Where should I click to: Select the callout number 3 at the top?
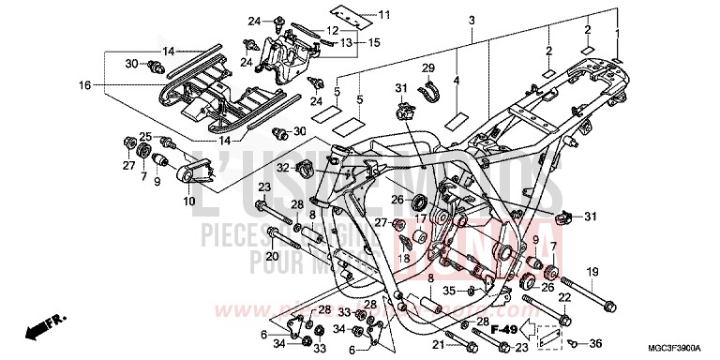click(x=472, y=21)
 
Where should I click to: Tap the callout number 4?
click(x=457, y=81)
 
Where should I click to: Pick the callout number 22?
click(x=565, y=298)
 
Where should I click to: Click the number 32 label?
click(x=282, y=167)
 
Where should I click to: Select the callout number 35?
click(x=449, y=291)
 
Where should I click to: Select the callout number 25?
click(x=145, y=136)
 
